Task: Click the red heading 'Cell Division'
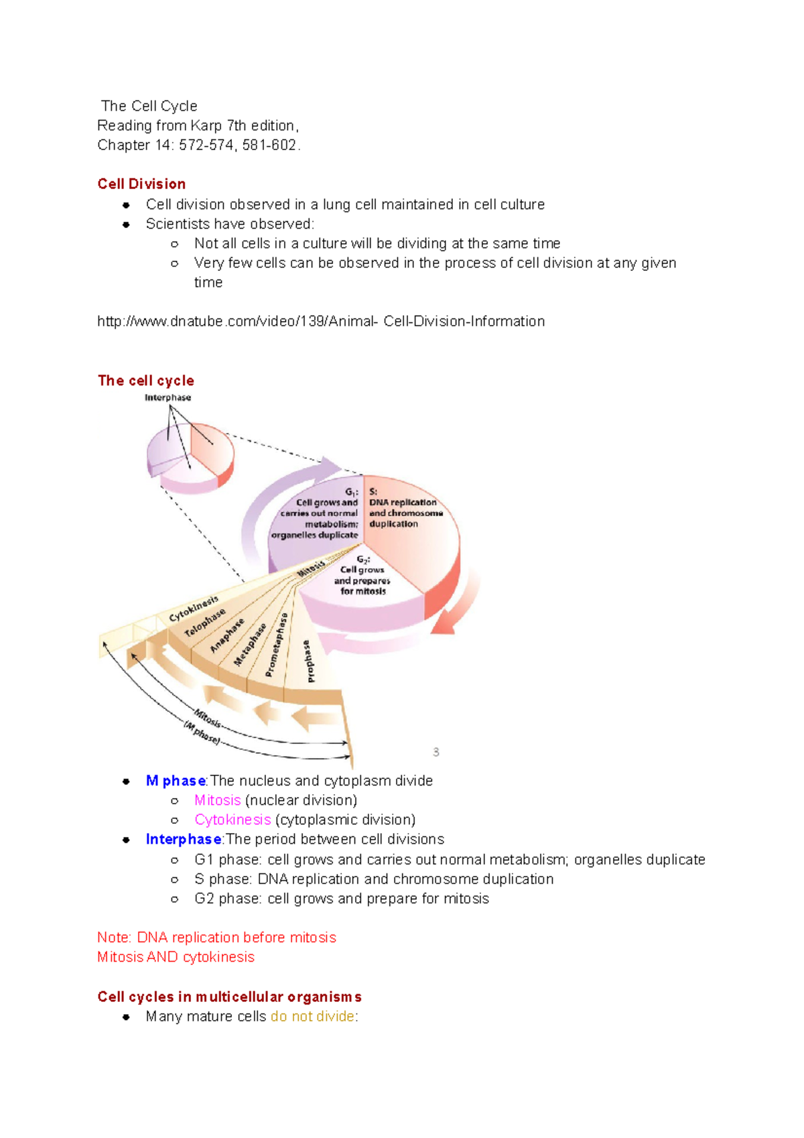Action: (x=141, y=184)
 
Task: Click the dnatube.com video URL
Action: (x=321, y=322)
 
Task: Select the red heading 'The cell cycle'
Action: (x=146, y=381)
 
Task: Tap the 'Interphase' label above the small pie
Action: (x=167, y=397)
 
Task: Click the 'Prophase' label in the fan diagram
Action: (x=308, y=661)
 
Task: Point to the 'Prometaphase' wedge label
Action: (x=277, y=645)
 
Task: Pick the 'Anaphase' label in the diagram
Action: (x=227, y=635)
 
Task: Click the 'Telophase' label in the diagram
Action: (x=205, y=623)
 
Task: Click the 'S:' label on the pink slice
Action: (x=373, y=491)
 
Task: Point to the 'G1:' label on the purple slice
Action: (x=352, y=492)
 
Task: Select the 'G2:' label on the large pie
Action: (x=363, y=559)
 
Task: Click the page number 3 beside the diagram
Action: (x=436, y=752)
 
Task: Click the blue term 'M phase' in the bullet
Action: (x=176, y=781)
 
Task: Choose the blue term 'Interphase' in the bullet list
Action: (x=184, y=840)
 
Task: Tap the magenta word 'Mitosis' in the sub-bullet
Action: (x=217, y=800)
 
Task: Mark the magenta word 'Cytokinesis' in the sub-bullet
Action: (x=232, y=820)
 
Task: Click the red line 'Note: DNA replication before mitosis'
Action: (x=216, y=938)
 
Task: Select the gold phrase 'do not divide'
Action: (x=312, y=1017)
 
